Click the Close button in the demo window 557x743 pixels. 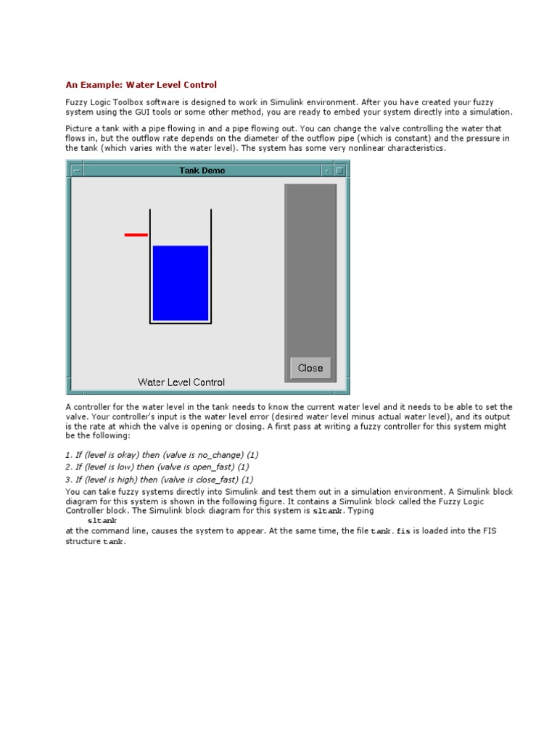[310, 368]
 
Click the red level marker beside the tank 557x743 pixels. [136, 234]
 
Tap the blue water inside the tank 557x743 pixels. [181, 283]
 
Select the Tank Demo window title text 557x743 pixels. [202, 171]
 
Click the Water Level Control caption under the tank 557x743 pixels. [181, 382]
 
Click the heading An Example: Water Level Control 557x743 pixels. [141, 85]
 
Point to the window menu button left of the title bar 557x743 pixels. [77, 171]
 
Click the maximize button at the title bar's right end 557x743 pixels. [340, 171]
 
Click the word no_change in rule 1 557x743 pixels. [199, 455]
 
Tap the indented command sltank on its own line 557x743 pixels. [102, 521]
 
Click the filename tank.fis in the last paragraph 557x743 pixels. [391, 531]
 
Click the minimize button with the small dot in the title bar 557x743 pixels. [327, 171]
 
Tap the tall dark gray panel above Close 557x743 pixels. [310, 268]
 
